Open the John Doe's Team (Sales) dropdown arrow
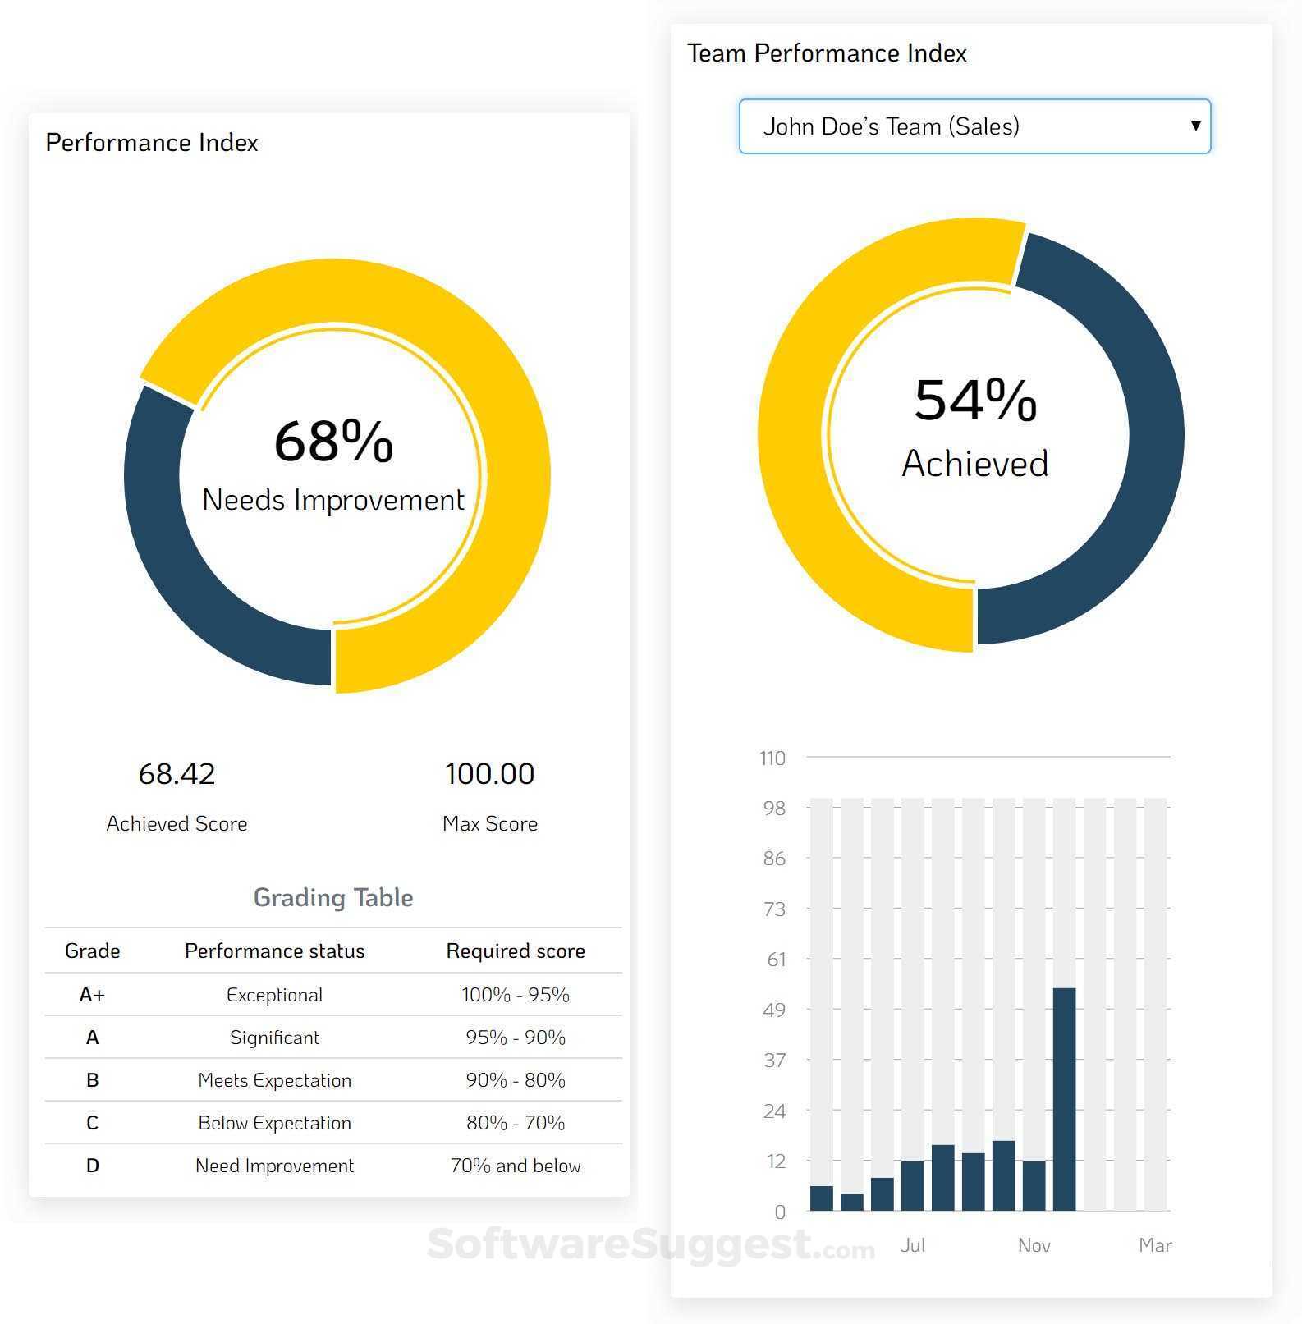[x=1195, y=126]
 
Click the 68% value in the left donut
[x=333, y=441]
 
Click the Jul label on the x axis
[x=912, y=1245]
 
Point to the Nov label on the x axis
[x=1034, y=1245]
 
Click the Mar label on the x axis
[x=1154, y=1245]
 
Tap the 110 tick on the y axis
[x=772, y=758]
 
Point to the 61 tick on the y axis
[x=776, y=959]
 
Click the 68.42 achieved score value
[x=177, y=773]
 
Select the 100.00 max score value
[x=489, y=773]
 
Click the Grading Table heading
[x=332, y=897]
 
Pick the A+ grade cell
[x=92, y=995]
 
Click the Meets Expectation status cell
[x=274, y=1080]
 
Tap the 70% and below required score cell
[x=515, y=1166]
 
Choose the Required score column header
[x=515, y=951]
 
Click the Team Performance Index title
[x=827, y=53]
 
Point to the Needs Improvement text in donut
[x=333, y=500]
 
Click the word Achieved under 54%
[x=974, y=464]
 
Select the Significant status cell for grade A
[x=274, y=1038]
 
